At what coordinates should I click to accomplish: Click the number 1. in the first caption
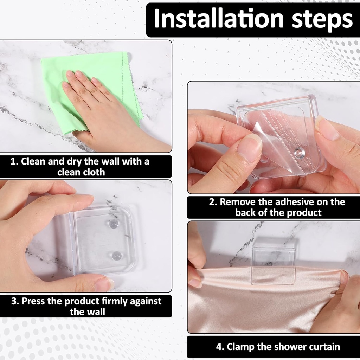click(14, 162)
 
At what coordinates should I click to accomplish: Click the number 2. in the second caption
click(213, 202)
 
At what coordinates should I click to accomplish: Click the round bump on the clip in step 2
click(299, 153)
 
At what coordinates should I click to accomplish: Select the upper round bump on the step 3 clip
click(114, 224)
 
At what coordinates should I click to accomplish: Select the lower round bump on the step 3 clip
click(117, 256)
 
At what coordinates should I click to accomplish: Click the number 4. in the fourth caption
click(220, 347)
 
